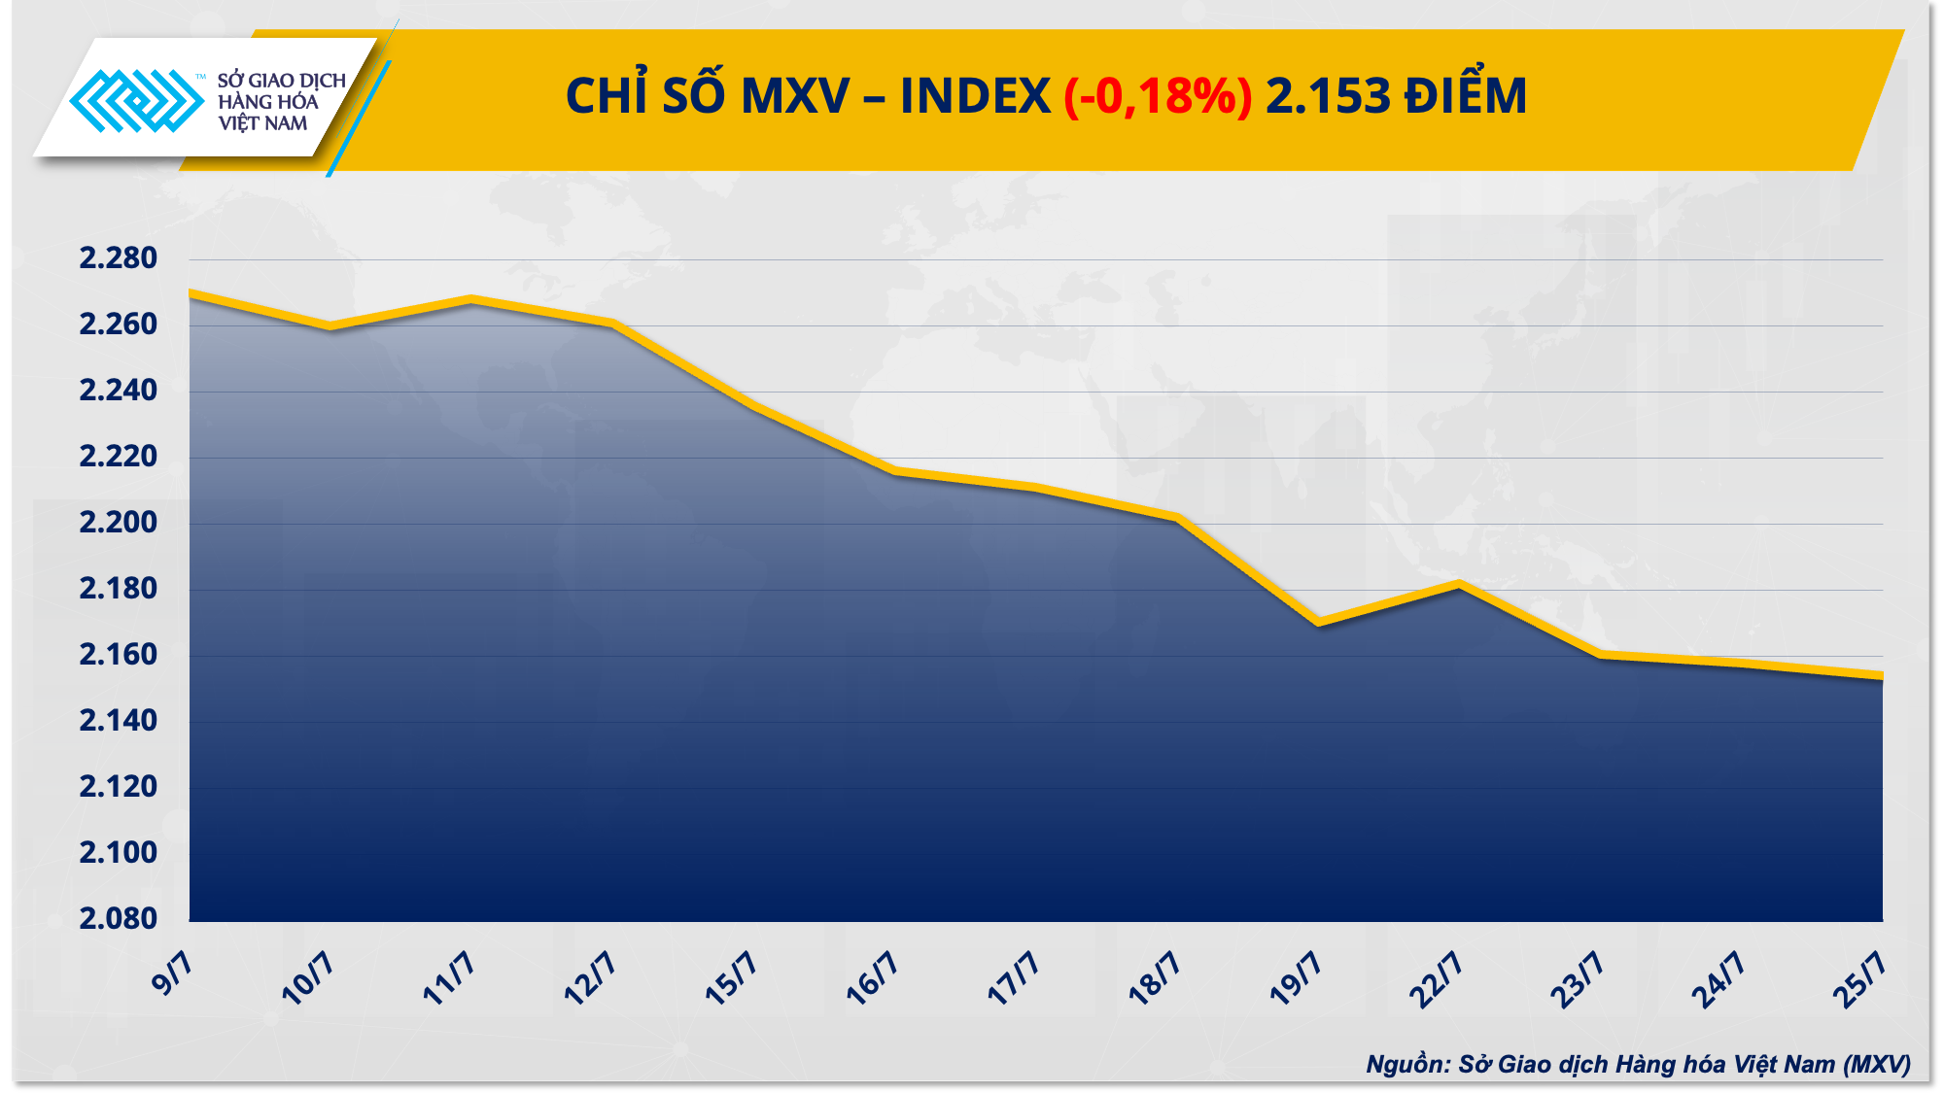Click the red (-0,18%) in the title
click(x=1157, y=96)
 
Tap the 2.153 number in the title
click(x=1328, y=96)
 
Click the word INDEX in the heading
click(x=975, y=96)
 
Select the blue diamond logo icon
click(x=136, y=100)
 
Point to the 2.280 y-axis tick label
click(x=118, y=258)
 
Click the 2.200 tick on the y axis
click(x=118, y=523)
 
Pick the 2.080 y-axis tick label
click(x=118, y=918)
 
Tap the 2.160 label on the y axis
click(x=118, y=655)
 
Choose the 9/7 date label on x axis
click(x=172, y=974)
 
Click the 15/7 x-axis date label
click(x=730, y=977)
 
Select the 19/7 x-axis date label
click(x=1295, y=977)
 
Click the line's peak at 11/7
click(x=471, y=300)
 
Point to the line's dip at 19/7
click(x=1318, y=622)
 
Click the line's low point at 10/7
click(x=330, y=325)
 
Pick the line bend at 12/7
click(x=612, y=324)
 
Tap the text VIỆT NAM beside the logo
click(x=262, y=123)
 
